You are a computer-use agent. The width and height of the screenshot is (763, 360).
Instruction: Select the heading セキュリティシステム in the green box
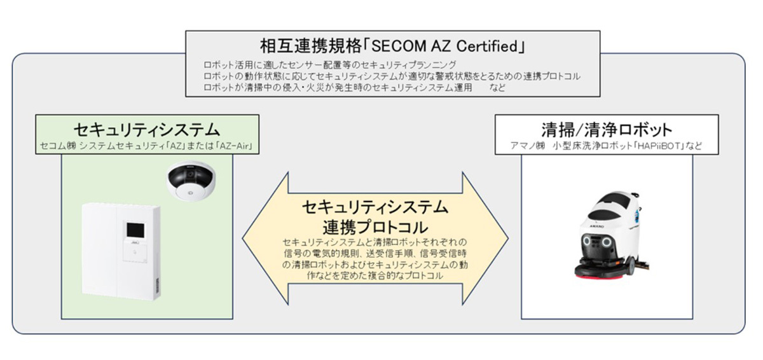(x=147, y=130)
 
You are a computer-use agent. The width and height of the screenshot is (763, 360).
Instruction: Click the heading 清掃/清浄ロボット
(x=607, y=130)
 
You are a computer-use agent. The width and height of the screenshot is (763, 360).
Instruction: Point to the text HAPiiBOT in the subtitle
(x=661, y=146)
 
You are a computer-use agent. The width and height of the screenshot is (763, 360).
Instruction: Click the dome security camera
(x=191, y=181)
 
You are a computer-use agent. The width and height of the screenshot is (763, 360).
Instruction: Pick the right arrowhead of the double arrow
(x=485, y=239)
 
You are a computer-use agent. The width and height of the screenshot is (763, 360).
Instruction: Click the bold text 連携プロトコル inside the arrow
(x=375, y=227)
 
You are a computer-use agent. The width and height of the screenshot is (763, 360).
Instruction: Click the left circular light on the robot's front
(x=586, y=241)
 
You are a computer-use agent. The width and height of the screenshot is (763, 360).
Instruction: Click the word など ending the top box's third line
(x=497, y=88)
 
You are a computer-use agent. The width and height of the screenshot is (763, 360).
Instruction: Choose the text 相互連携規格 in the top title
(x=310, y=46)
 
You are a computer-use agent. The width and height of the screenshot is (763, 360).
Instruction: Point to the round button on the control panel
(x=135, y=253)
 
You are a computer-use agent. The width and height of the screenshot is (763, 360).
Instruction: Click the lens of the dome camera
(x=190, y=176)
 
